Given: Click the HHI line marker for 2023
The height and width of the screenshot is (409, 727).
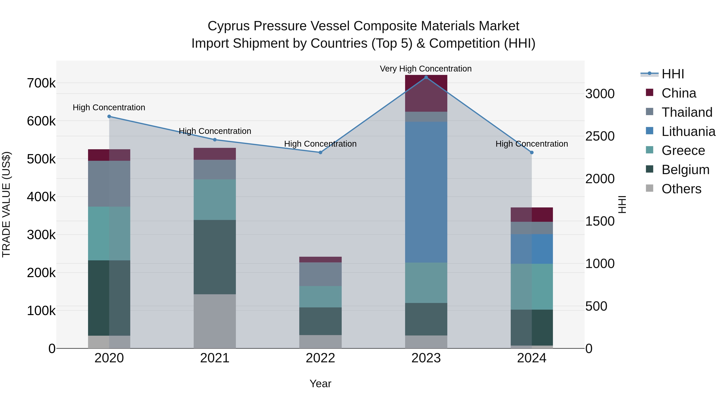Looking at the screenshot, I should click(426, 77).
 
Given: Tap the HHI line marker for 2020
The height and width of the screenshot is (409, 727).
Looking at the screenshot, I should click(109, 116).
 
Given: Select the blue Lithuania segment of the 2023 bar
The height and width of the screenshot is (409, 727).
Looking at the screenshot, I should click(426, 192).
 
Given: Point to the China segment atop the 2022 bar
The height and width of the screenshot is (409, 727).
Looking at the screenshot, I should click(320, 259).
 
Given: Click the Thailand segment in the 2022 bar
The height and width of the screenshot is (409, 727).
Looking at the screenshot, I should click(320, 274).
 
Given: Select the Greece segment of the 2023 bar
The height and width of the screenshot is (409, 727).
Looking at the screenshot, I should click(426, 283).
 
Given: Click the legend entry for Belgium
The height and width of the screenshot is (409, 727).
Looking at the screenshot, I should click(685, 170).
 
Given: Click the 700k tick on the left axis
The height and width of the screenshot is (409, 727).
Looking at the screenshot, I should click(41, 83).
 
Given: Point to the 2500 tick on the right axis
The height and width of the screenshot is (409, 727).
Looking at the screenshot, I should click(600, 136).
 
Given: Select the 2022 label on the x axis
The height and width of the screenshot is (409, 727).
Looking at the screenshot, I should click(320, 358).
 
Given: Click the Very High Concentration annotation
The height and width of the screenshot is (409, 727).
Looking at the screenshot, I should click(425, 69).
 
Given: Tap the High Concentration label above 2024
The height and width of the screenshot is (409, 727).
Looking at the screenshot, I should click(532, 144).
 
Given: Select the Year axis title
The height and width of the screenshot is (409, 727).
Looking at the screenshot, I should click(320, 384).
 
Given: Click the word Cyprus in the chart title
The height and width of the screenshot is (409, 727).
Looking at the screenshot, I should click(229, 26).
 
